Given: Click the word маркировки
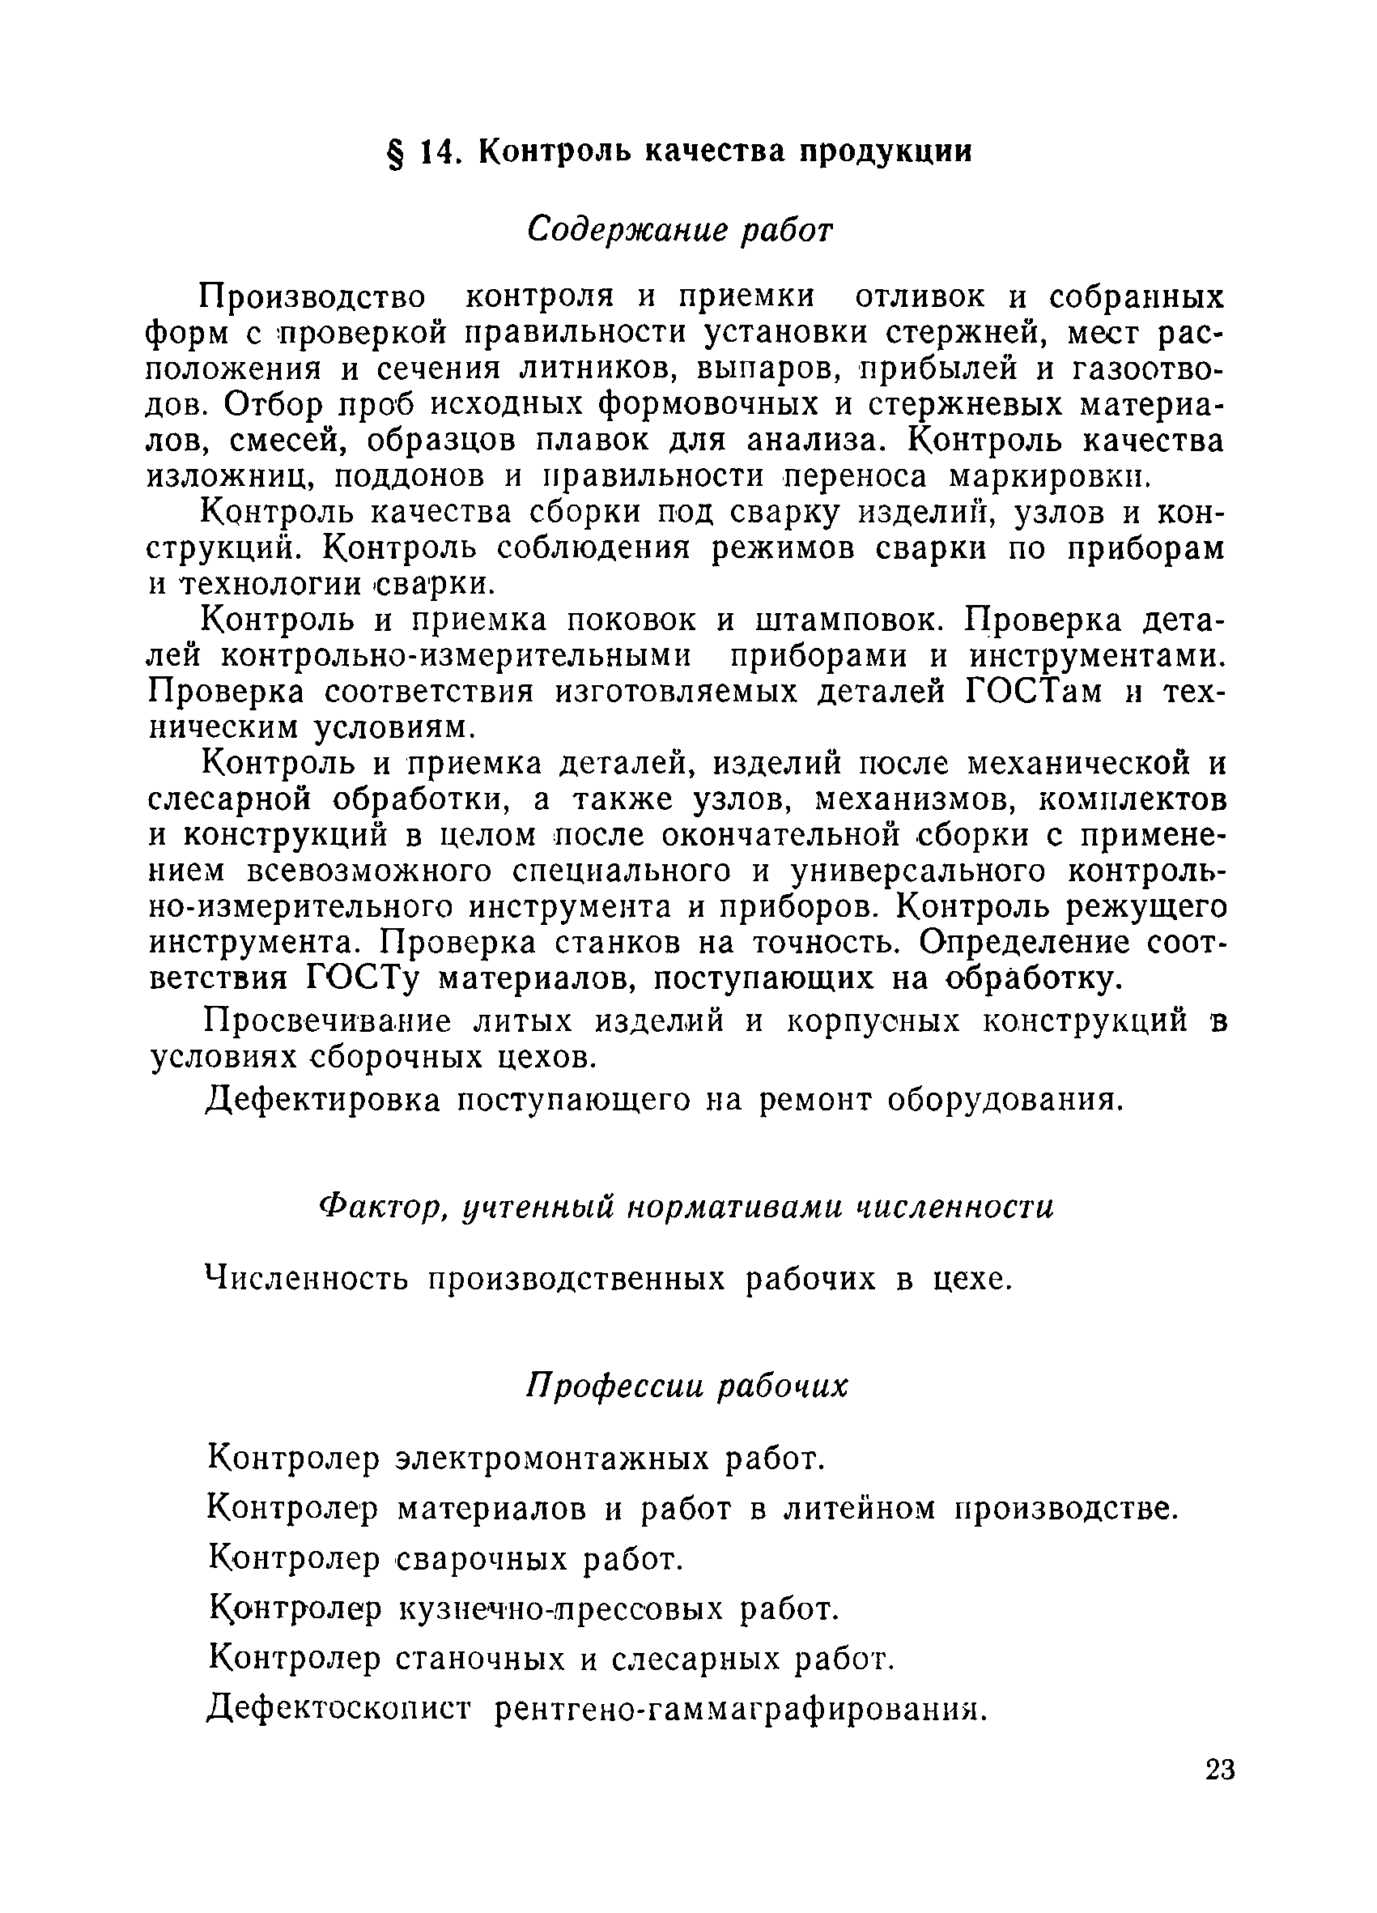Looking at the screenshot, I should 1049,476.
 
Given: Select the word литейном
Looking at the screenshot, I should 860,1508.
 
